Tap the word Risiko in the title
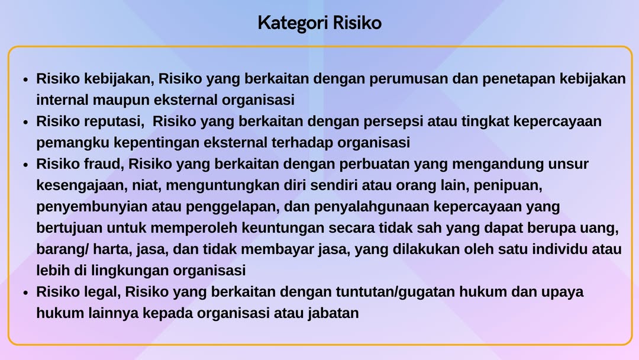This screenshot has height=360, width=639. [x=357, y=22]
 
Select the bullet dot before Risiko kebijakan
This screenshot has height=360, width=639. [x=25, y=79]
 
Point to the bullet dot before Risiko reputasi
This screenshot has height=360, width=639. [x=25, y=122]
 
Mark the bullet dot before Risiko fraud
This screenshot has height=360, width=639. [x=25, y=165]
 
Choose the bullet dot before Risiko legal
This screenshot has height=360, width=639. [x=25, y=292]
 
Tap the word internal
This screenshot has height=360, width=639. [x=62, y=99]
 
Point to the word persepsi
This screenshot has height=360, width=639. [x=393, y=122]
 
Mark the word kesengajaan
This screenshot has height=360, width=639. [x=82, y=186]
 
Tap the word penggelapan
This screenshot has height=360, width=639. [x=233, y=207]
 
